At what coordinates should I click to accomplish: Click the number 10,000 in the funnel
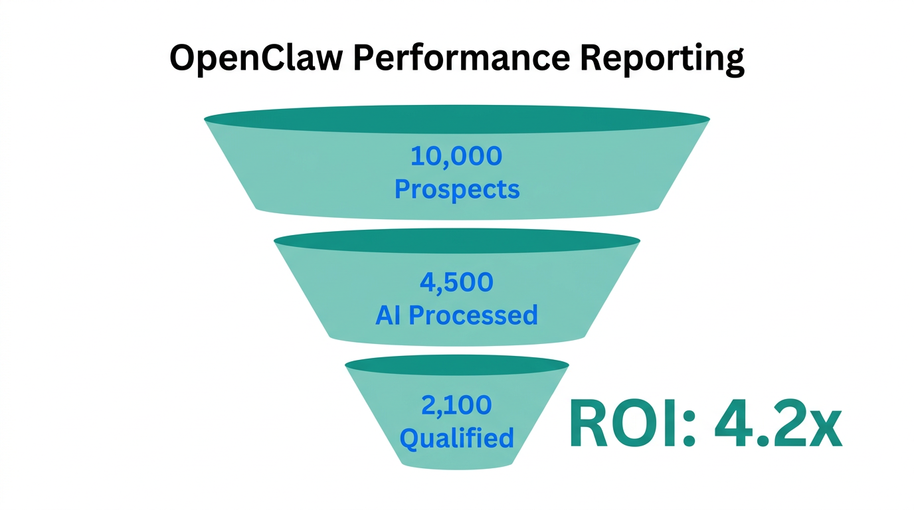tap(456, 157)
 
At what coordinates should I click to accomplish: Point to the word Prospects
tap(457, 190)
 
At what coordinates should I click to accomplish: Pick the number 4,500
tap(456, 282)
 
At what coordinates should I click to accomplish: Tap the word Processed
tap(473, 315)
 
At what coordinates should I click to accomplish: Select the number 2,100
tap(456, 404)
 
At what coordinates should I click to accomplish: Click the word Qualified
tap(456, 438)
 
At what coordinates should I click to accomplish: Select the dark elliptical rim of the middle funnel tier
tap(456, 241)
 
